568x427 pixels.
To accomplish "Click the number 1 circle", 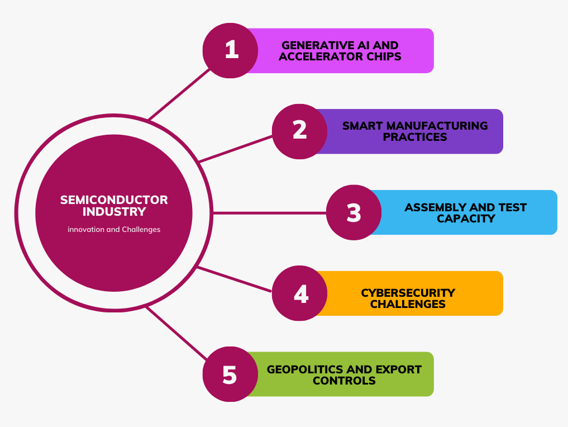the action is [x=231, y=50].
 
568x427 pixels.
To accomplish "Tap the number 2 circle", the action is [x=299, y=131].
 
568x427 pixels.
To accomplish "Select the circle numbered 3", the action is [x=354, y=212].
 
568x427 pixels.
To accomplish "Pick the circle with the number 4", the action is [x=299, y=293].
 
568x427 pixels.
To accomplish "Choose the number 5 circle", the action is [x=231, y=374].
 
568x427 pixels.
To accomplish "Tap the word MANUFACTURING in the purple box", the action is [x=438, y=126].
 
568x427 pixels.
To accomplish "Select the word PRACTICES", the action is [x=415, y=137].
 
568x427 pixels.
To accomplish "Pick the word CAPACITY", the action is [x=466, y=219].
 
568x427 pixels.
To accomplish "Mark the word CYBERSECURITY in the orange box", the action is [x=408, y=293].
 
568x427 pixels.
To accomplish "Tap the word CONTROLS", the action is [x=344, y=381].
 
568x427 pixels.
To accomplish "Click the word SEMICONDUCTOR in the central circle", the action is [x=114, y=200].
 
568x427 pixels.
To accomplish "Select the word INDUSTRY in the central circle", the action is [x=114, y=211].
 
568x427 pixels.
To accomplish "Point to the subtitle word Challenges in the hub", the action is [x=141, y=230].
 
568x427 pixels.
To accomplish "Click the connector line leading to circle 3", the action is [x=270, y=213].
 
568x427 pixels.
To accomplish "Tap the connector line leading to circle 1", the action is [x=179, y=94].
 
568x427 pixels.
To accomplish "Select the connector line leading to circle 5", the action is [x=177, y=333].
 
